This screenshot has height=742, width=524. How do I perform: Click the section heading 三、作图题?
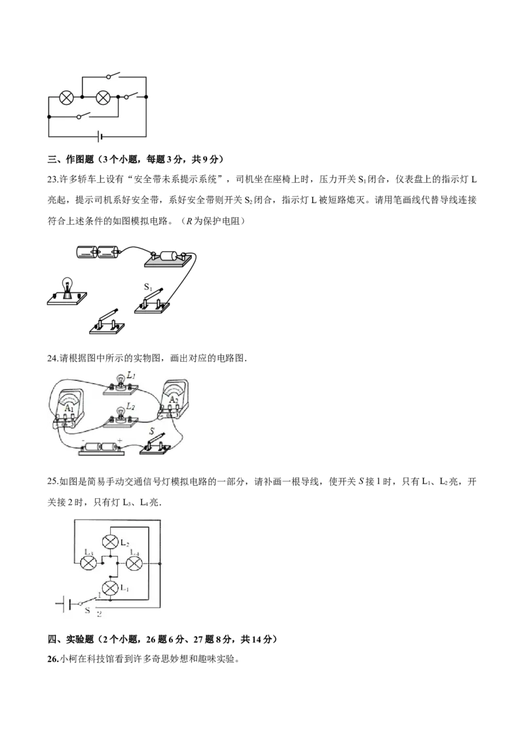[x=71, y=159]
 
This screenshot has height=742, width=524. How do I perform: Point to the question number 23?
[x=52, y=180]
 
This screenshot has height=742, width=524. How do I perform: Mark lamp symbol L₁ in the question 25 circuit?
[x=110, y=588]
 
